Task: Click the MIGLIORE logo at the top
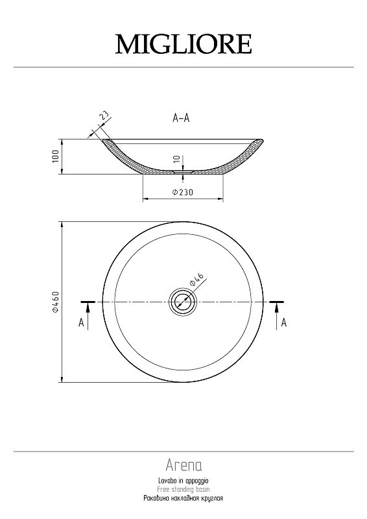click(184, 44)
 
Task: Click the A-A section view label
click(181, 117)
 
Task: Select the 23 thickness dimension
click(104, 116)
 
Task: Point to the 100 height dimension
click(55, 156)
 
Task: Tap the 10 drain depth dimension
click(177, 159)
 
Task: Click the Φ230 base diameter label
click(182, 192)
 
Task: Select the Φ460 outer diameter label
click(55, 302)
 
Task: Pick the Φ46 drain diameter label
click(196, 280)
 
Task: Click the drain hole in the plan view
click(183, 302)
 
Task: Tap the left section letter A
click(82, 322)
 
